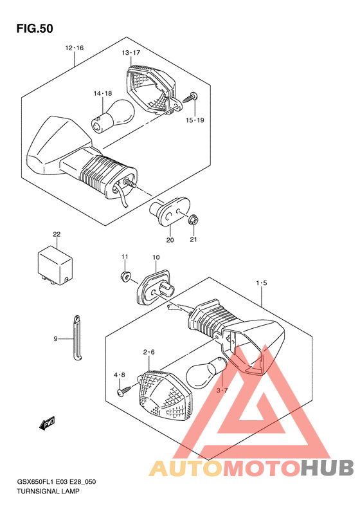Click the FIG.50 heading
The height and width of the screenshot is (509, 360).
[x=35, y=28]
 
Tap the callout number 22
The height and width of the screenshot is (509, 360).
[x=57, y=234]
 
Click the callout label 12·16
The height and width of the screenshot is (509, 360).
[x=75, y=48]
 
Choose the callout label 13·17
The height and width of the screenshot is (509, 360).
[x=130, y=53]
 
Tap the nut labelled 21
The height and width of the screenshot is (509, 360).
[x=194, y=221]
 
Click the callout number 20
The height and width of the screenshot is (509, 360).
[x=170, y=240]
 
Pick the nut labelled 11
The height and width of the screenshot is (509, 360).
[x=125, y=277]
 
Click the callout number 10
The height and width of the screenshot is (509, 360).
[x=156, y=257]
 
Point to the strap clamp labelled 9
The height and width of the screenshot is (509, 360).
[x=77, y=338]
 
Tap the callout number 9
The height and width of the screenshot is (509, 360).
[x=55, y=339]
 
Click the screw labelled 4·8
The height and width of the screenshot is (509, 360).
[x=125, y=390]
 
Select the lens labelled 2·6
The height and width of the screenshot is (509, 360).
[x=165, y=396]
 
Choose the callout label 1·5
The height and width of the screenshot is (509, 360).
[x=262, y=283]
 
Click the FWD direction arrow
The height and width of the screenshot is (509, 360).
[x=47, y=423]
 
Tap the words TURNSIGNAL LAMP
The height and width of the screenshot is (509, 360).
[x=48, y=491]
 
